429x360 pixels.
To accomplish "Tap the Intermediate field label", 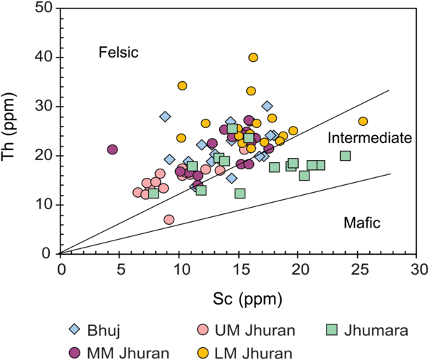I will coord(370,138).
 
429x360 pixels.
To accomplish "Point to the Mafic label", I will coord(362,223).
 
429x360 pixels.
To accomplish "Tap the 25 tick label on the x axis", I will coord(360,270).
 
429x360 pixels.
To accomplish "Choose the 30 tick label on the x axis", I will coord(420,270).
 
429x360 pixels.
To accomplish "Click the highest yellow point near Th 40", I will coord(253,58).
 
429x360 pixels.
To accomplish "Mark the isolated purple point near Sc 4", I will coord(112,149).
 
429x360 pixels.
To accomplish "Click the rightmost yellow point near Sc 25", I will coord(363,121).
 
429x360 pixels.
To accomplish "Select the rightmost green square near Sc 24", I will coord(345,156).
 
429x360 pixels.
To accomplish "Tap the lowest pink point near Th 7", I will coord(169,219).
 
